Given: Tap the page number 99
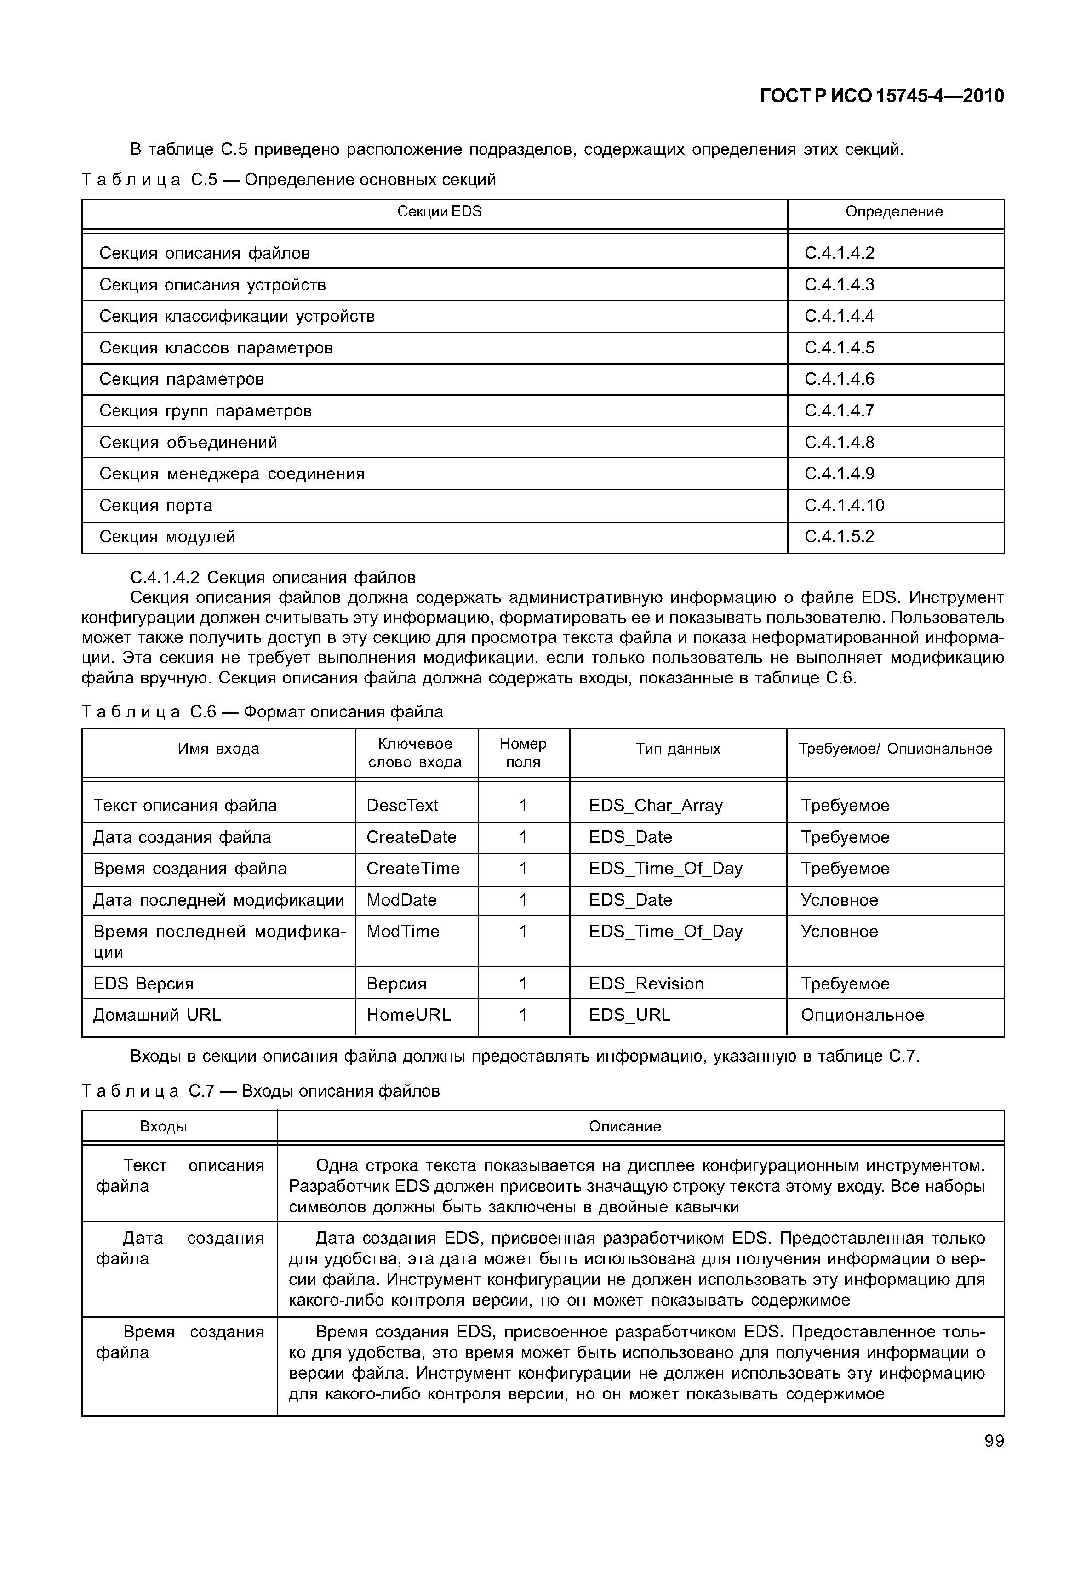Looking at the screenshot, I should [994, 1440].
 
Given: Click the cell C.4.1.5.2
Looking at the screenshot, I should [839, 537].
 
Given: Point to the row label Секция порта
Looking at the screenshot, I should [156, 506].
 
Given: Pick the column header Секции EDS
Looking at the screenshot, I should [439, 211].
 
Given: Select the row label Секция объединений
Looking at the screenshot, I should [189, 442].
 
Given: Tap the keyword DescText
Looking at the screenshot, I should [402, 805].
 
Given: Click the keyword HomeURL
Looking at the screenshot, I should [408, 1015].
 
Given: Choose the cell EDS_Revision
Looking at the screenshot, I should [646, 983].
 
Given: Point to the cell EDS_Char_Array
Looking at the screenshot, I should [655, 805].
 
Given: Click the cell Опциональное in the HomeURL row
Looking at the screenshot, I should [862, 1015].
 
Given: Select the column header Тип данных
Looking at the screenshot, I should [678, 749].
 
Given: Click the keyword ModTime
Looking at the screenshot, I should [403, 931].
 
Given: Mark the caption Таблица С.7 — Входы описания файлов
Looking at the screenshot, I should [261, 1091].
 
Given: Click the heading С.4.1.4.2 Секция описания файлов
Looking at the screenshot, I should [272, 578].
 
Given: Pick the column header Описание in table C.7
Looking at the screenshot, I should [625, 1126].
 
